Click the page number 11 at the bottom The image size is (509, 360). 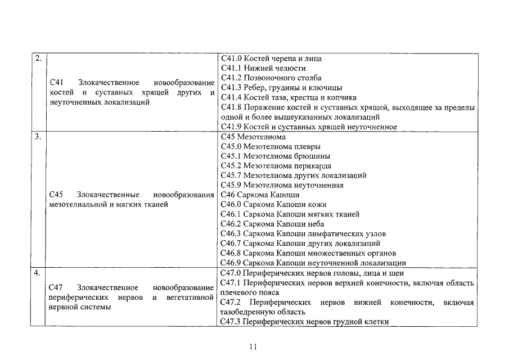coord(254,346)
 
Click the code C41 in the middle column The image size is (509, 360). coord(56,82)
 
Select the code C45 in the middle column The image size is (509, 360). coord(56,195)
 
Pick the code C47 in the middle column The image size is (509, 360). coord(56,287)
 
